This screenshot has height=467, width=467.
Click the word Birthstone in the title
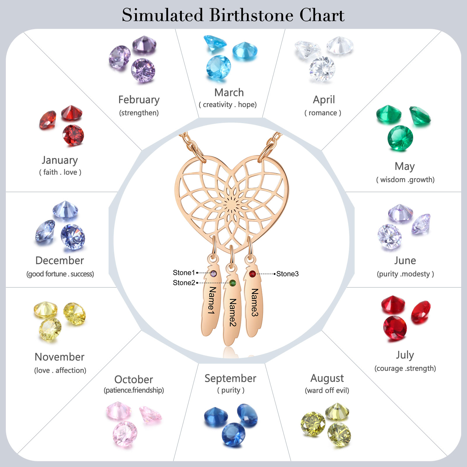(x=251, y=15)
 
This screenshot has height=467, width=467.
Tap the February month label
(x=139, y=100)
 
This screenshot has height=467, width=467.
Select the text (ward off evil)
(x=327, y=391)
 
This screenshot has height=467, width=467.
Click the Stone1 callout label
(x=184, y=273)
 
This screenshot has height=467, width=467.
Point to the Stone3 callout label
(x=287, y=274)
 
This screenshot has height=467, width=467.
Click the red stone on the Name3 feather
(x=252, y=274)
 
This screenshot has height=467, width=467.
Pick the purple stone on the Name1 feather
(x=213, y=273)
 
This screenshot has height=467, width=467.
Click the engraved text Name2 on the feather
(x=233, y=312)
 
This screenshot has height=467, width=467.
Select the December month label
(x=60, y=260)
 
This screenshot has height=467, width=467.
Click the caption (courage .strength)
(x=405, y=368)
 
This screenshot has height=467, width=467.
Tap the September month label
(x=230, y=378)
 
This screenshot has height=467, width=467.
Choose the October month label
(x=134, y=379)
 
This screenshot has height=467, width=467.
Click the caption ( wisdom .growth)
(x=405, y=180)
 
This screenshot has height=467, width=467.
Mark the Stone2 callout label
(x=184, y=283)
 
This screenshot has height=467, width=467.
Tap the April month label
(x=324, y=100)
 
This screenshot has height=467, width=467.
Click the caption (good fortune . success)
(x=60, y=274)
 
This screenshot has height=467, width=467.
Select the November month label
(x=60, y=357)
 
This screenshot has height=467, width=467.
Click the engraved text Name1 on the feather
(x=212, y=300)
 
